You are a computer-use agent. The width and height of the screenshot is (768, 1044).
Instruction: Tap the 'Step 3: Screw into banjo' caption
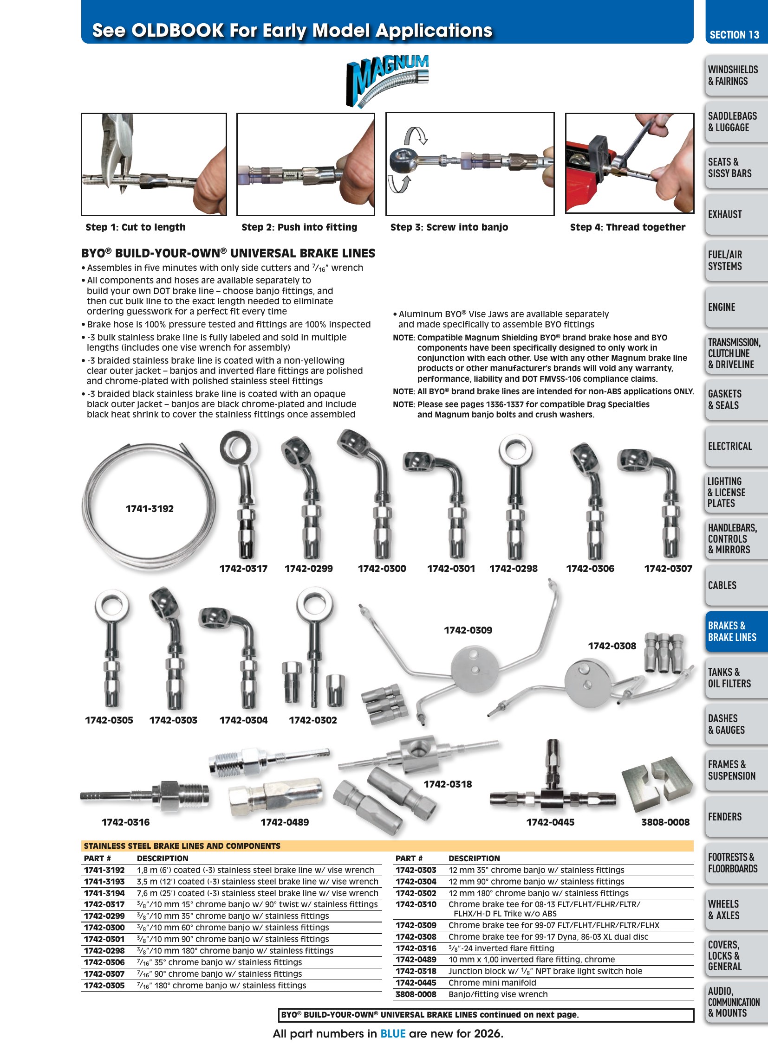point(449,227)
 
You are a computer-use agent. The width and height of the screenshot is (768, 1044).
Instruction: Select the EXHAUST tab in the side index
point(725,214)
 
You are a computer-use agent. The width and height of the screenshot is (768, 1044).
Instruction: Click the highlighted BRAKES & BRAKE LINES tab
point(732,632)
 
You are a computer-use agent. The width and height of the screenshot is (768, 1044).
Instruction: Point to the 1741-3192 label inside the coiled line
point(149,508)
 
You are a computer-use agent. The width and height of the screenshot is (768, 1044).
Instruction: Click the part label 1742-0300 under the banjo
point(382,569)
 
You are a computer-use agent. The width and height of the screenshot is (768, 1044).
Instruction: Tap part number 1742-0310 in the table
point(416,904)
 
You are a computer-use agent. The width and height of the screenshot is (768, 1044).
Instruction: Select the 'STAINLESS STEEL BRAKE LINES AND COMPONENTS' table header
point(182,845)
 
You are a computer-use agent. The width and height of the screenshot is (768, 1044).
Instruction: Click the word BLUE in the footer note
point(393,1033)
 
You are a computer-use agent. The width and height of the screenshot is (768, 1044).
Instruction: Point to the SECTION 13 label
point(735,35)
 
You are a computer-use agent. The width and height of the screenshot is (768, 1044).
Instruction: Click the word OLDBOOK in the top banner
point(178,31)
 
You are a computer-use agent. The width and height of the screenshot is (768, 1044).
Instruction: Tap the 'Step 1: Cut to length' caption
point(135,227)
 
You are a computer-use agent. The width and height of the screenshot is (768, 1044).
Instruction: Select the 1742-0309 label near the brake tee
point(468,630)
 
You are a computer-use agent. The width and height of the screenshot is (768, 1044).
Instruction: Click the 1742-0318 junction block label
point(448,784)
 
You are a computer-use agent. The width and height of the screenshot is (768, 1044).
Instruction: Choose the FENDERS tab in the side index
point(725,816)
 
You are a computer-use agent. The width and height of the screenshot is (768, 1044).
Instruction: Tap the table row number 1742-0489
point(416,960)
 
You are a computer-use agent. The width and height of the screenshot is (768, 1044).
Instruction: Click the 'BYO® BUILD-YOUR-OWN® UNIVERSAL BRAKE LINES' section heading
point(228,253)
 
